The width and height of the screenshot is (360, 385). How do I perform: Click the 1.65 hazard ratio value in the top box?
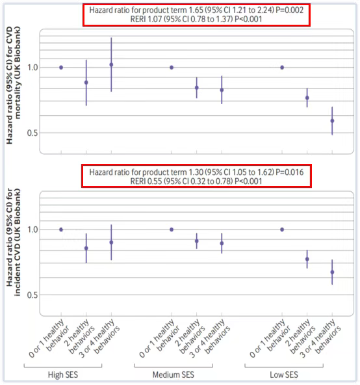[196, 10]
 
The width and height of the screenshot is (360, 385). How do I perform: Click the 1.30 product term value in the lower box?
[196, 172]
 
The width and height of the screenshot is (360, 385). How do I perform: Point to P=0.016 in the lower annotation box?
[290, 172]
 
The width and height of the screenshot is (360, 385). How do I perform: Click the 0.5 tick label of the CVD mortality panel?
[32, 133]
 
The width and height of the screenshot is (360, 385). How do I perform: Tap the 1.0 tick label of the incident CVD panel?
[32, 230]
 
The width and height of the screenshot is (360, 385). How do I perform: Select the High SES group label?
[63, 375]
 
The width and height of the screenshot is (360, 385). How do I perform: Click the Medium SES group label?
[174, 375]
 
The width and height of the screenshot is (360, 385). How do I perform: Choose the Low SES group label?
[284, 375]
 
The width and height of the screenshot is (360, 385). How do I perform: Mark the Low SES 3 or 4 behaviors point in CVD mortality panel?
[332, 121]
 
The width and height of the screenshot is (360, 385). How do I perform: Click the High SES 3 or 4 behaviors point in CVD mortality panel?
[111, 65]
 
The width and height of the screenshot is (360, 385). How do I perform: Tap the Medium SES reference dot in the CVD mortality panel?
[172, 68]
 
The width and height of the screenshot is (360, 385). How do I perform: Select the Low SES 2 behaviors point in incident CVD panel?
[307, 259]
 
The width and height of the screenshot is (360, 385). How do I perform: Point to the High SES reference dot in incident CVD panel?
[61, 230]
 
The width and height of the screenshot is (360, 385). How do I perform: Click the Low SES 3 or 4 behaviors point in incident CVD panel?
[332, 272]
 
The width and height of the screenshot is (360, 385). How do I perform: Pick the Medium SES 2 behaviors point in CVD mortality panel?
[196, 88]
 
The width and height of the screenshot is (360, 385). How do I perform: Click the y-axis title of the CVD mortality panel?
[13, 85]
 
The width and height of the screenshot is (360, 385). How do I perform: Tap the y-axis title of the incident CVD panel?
[13, 242]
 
